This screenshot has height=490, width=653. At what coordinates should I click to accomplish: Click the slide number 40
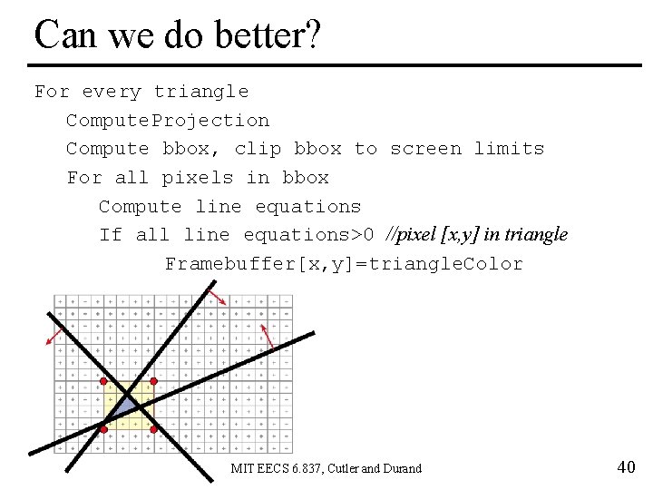tap(625, 467)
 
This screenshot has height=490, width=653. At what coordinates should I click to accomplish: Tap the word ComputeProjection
tap(167, 121)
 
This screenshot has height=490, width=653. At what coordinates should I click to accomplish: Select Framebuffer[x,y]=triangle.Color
tap(344, 264)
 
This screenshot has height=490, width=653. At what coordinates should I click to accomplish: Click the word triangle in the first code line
tap(200, 92)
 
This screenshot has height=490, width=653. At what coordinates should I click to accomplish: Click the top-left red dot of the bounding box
tap(104, 381)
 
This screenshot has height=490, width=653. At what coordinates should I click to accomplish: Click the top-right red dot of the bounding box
tap(153, 381)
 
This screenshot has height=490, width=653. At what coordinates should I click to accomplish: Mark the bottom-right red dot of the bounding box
tap(153, 427)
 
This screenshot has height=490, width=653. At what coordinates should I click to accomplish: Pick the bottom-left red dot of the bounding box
tap(104, 427)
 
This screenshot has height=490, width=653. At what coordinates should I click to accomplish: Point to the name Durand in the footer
tap(403, 469)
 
